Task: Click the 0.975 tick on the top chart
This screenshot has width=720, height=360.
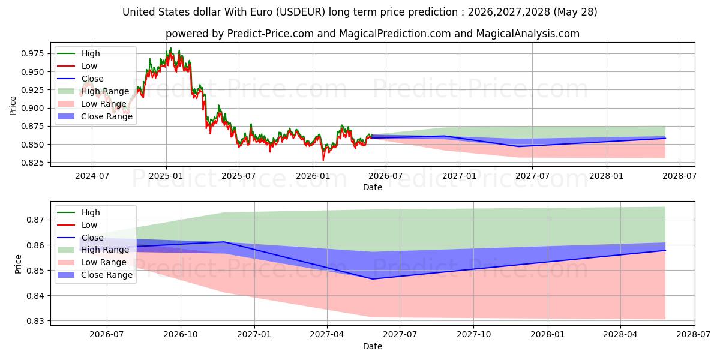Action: [x=32, y=53]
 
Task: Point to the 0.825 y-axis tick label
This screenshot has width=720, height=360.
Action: [x=32, y=163]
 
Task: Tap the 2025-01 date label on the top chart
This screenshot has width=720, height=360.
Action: [x=166, y=176]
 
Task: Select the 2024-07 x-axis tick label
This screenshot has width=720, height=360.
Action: [x=92, y=176]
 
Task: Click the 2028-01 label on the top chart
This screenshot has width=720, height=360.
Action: [x=607, y=176]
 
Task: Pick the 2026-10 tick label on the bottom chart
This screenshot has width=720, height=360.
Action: [x=181, y=335]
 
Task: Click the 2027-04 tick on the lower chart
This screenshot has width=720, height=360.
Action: [x=327, y=335]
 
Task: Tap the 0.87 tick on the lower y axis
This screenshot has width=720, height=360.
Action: [x=35, y=220]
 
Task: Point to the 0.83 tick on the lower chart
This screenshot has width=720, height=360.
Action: [x=35, y=321]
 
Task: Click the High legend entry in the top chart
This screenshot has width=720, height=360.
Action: [x=79, y=53]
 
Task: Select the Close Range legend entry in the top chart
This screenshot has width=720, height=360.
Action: [x=95, y=116]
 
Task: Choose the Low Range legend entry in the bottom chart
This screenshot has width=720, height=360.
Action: [x=92, y=262]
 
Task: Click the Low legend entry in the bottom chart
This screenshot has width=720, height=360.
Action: [x=77, y=225]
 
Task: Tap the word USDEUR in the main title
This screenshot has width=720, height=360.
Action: [x=301, y=12]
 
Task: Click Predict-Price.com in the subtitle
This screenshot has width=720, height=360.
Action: [x=271, y=34]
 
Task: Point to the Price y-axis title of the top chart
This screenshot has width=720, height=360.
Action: [x=13, y=106]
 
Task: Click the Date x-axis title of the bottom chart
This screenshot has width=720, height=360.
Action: [x=373, y=346]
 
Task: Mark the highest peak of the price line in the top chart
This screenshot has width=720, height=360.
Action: [x=170, y=48]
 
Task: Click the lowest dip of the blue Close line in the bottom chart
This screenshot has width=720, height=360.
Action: [x=372, y=279]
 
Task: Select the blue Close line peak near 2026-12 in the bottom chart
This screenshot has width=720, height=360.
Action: [x=224, y=242]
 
